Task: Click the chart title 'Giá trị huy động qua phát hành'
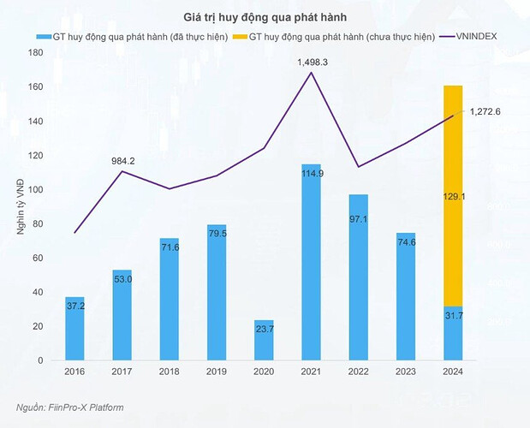265,16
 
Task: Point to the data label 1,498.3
313,62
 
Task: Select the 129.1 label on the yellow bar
453,196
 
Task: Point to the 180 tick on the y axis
35,52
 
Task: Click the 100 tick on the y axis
35,189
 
